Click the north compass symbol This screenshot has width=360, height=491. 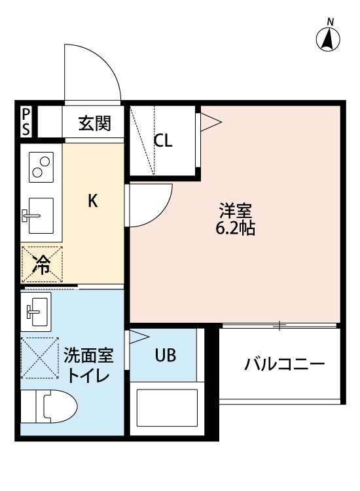point(329,39)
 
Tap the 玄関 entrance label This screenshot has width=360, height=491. point(95,122)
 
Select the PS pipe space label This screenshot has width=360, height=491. point(26,122)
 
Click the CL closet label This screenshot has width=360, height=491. point(164,141)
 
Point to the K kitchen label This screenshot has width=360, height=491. point(93,201)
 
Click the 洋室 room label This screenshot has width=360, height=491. point(235,212)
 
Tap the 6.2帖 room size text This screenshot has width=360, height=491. point(235,229)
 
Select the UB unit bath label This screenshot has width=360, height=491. point(165,355)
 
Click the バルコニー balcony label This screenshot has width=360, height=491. point(285,364)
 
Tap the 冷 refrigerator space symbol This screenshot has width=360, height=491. point(42,264)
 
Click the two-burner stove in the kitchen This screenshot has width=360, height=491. point(42,167)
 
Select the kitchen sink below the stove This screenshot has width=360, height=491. point(41,214)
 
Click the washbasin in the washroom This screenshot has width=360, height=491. point(38,311)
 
